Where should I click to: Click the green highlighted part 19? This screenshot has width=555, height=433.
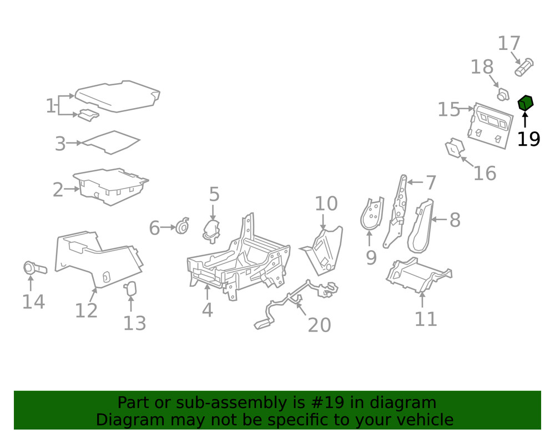(x=525, y=103)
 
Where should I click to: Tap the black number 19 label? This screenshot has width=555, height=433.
(x=528, y=139)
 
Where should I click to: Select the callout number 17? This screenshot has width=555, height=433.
(x=509, y=43)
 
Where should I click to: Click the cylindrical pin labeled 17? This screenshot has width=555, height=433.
(x=524, y=67)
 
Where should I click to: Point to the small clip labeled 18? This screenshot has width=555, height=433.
(x=502, y=94)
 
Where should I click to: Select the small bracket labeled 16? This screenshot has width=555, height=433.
(x=454, y=148)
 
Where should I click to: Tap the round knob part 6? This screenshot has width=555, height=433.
(x=181, y=227)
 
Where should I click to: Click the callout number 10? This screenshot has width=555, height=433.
(x=326, y=203)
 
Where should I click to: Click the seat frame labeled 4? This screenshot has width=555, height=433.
(x=239, y=261)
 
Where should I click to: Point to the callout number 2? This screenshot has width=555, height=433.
(x=58, y=190)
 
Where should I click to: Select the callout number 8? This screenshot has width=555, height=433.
(x=455, y=220)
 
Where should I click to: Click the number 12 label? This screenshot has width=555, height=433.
(x=86, y=310)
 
